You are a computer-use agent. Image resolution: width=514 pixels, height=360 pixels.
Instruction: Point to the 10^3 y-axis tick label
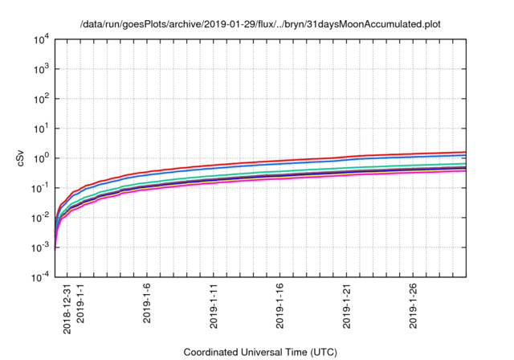tap(41, 69)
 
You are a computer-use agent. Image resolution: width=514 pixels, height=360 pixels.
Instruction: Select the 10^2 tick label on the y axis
tap(41, 99)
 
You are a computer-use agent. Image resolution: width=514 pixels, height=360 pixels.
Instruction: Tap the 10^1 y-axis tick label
tap(41, 129)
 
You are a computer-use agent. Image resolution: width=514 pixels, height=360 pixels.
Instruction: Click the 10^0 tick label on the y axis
tap(41, 158)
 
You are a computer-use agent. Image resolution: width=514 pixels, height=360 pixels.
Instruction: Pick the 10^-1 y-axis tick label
tap(40, 187)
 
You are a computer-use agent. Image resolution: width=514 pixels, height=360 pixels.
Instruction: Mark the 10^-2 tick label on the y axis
tap(40, 217)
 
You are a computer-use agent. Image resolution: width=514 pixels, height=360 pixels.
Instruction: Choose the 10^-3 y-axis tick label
tap(40, 247)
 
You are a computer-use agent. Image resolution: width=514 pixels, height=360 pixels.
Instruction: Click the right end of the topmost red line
tap(466, 152)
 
